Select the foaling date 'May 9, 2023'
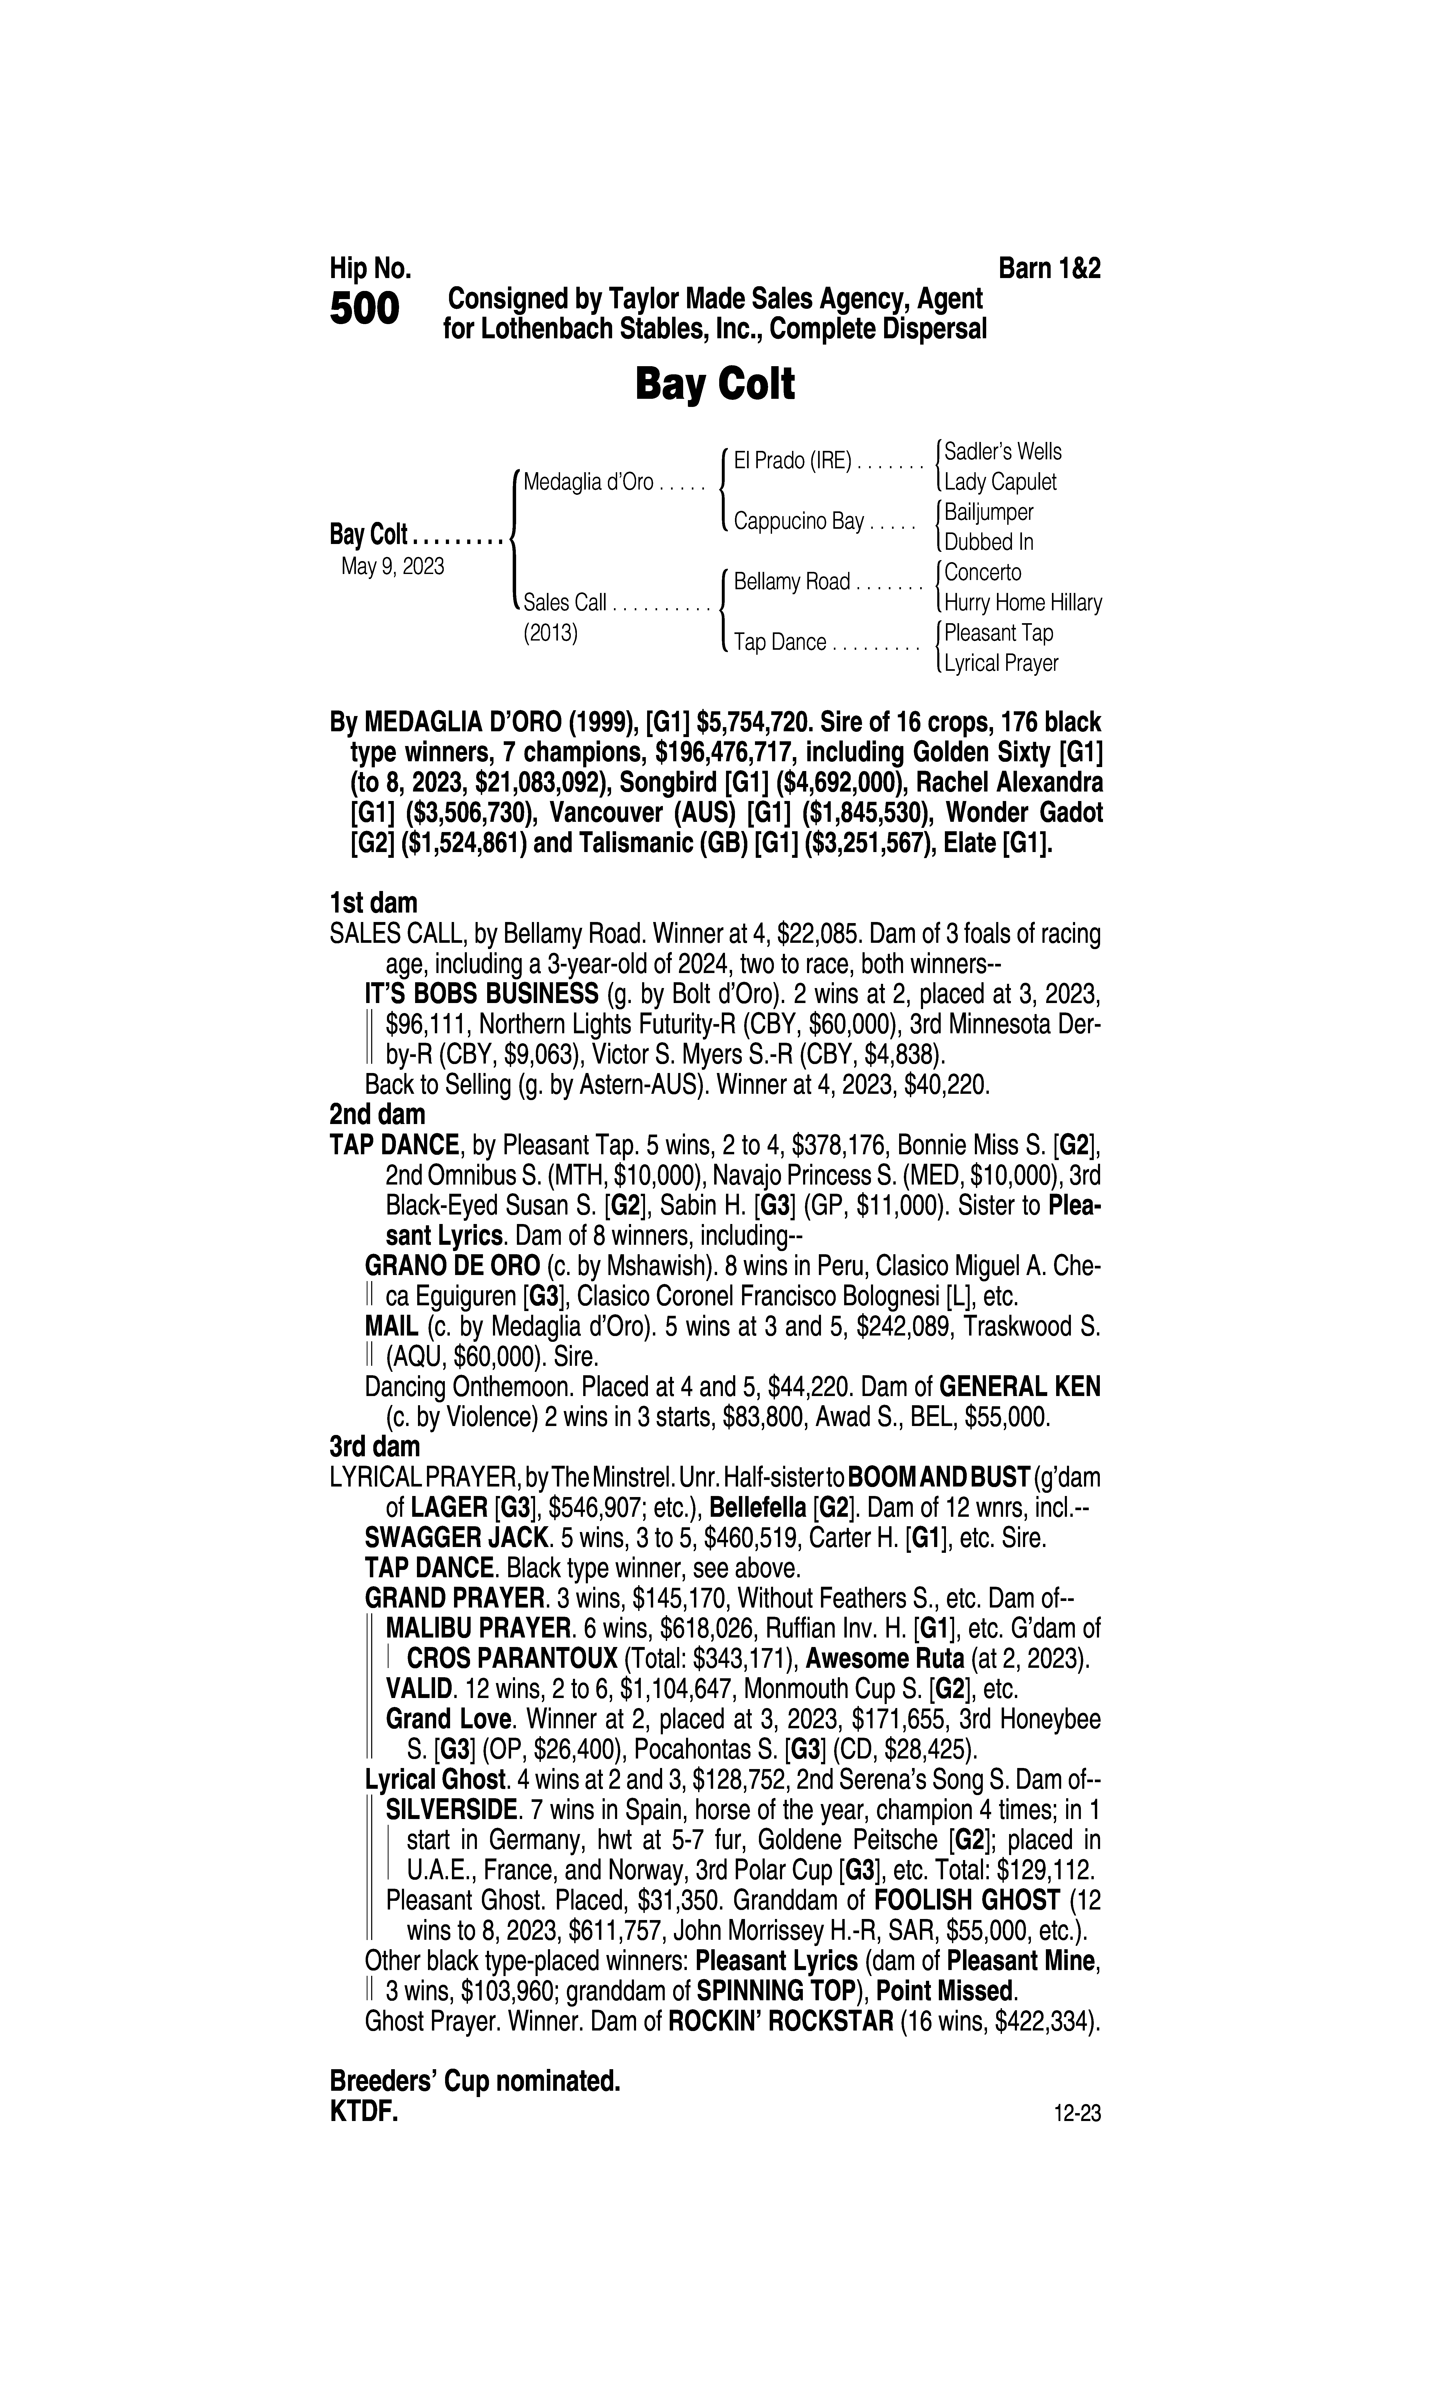tap(392, 567)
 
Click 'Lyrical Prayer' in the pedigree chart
tap(1001, 663)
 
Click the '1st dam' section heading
tap(373, 903)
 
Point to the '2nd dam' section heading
tap(377, 1115)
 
